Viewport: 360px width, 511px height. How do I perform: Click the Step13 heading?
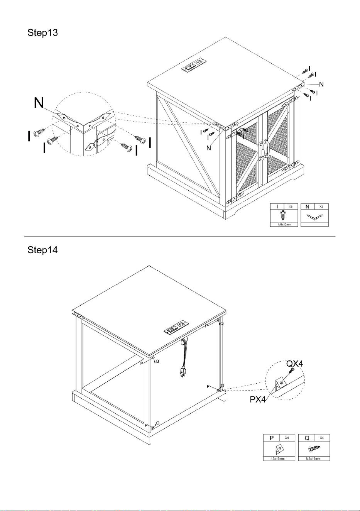click(x=43, y=33)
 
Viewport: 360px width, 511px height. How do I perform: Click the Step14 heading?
click(x=43, y=250)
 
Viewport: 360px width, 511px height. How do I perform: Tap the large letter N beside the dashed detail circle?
click(x=39, y=103)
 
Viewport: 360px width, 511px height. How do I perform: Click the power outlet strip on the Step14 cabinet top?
click(x=176, y=327)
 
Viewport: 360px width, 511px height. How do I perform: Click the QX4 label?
click(x=294, y=364)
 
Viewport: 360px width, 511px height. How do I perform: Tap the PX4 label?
click(x=258, y=399)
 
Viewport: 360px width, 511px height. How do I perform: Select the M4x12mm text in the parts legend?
click(x=284, y=225)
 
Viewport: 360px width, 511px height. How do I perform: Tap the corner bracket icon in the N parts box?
click(x=314, y=217)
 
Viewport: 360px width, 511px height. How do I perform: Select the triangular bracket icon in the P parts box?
click(x=279, y=449)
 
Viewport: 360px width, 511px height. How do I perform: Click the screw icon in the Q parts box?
click(x=314, y=448)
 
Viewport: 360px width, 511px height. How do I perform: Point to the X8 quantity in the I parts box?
click(x=291, y=207)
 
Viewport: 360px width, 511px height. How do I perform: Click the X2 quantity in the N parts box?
click(x=321, y=207)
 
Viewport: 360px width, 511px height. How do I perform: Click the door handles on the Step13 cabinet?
click(x=263, y=149)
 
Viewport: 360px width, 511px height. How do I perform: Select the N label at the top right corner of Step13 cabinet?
click(x=321, y=85)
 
